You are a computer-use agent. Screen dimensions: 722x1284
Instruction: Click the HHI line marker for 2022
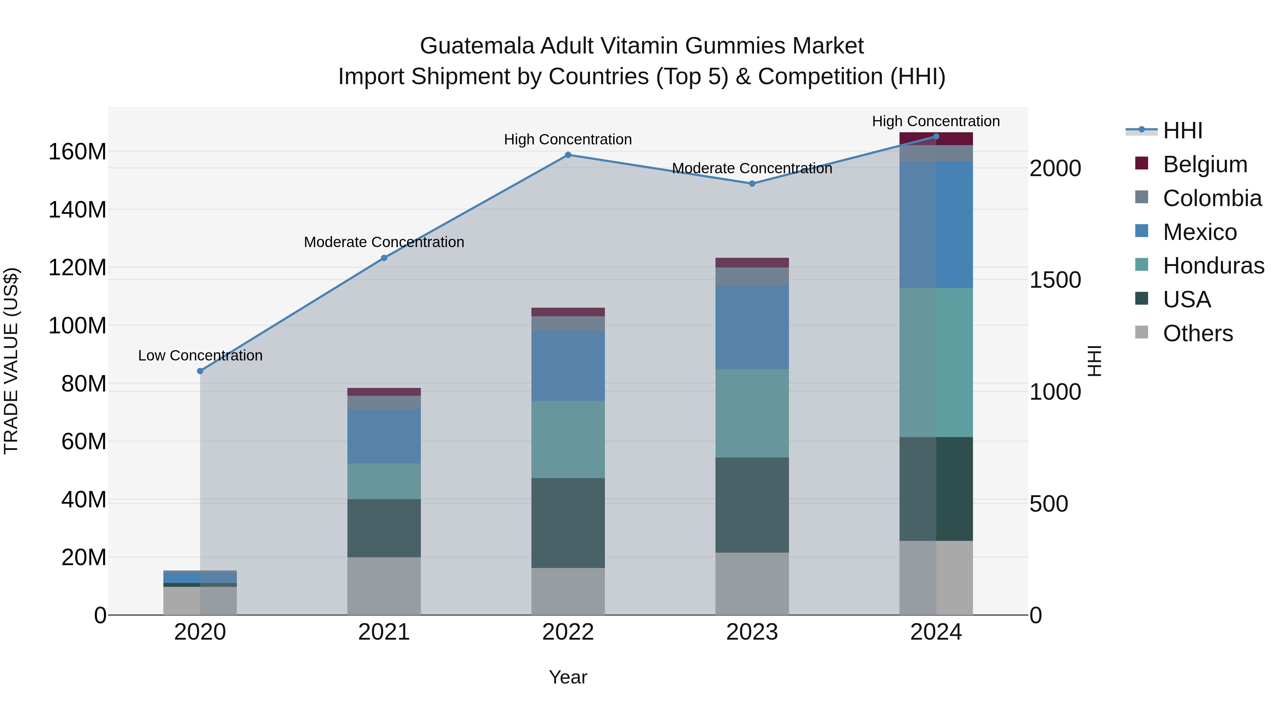click(568, 155)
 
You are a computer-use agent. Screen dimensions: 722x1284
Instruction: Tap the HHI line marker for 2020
click(200, 371)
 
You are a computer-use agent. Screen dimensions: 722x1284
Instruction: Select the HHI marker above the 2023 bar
click(752, 184)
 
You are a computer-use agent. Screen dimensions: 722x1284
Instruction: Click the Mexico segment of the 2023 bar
click(752, 327)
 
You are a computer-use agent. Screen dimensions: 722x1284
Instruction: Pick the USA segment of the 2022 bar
click(568, 523)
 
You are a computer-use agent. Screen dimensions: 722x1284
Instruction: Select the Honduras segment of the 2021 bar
click(384, 481)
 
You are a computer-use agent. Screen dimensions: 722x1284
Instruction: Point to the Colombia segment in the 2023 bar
click(752, 277)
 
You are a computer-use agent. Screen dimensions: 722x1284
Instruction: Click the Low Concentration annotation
click(200, 356)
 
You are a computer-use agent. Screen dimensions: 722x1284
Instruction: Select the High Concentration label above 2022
click(568, 139)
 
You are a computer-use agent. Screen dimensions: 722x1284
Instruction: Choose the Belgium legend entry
click(1205, 164)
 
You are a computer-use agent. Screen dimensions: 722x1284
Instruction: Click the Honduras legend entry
click(1213, 266)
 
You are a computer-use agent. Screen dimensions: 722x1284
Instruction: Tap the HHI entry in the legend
click(1182, 130)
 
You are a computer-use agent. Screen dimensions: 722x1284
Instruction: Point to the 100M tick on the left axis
click(77, 326)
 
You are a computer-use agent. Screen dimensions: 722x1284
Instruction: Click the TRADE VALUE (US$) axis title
click(11, 361)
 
